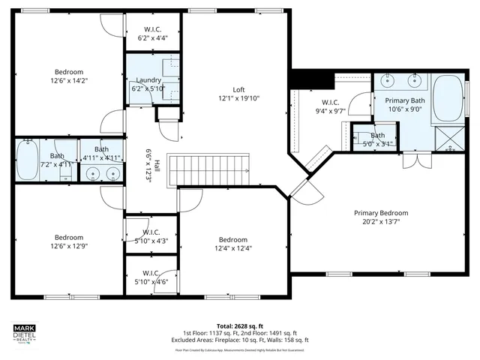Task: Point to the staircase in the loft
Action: click(x=211, y=169)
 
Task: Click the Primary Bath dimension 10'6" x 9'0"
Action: click(x=405, y=108)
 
